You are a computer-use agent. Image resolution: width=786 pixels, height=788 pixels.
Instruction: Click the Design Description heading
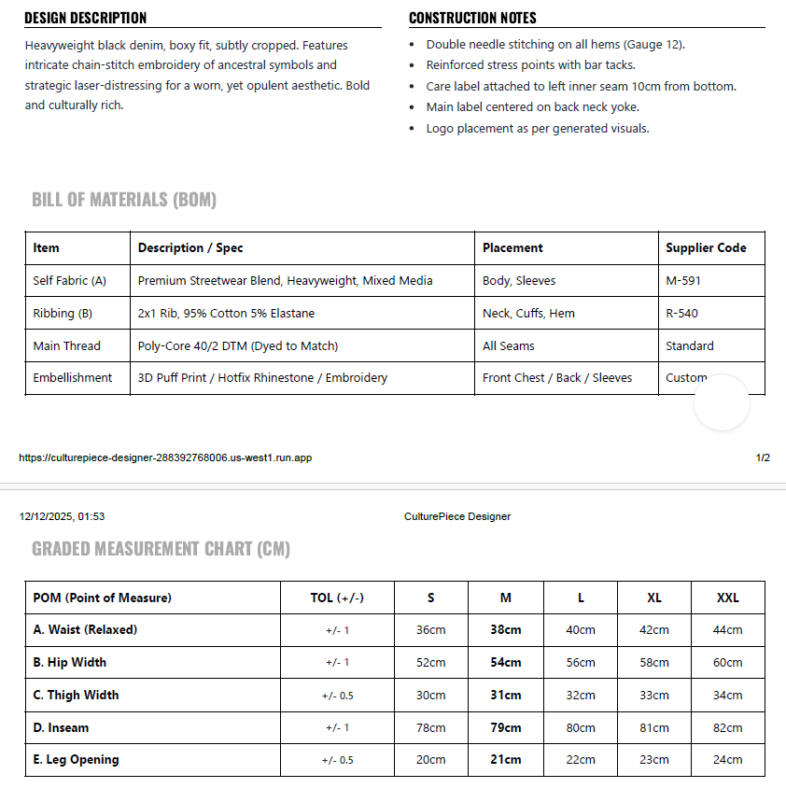[x=86, y=18]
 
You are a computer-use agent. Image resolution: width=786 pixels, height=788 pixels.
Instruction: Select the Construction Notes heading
[x=472, y=18]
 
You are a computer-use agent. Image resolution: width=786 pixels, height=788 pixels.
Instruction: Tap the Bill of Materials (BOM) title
[x=124, y=200]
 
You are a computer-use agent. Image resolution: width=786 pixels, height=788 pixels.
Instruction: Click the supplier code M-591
[x=683, y=280]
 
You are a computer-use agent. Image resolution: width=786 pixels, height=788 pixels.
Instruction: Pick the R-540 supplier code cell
[x=681, y=313]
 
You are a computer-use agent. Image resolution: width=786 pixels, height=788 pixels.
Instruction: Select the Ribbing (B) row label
[x=63, y=313]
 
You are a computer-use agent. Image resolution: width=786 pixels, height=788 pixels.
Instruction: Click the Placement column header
[x=512, y=247]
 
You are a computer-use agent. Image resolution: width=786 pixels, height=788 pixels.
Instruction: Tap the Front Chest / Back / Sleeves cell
[x=557, y=377]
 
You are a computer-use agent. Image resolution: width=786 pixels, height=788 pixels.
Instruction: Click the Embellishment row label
[x=72, y=377]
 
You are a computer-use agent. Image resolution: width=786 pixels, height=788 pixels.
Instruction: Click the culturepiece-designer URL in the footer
[x=165, y=458]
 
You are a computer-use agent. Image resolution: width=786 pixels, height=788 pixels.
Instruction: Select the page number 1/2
[x=763, y=458]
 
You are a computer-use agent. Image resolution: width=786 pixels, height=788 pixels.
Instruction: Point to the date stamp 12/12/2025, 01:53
[x=62, y=516]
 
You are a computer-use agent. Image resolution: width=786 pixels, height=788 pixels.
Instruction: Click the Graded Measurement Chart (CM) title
[x=161, y=549]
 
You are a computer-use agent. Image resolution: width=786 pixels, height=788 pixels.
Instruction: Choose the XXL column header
[x=727, y=598]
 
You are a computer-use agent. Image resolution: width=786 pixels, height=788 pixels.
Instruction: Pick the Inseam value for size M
[x=506, y=727]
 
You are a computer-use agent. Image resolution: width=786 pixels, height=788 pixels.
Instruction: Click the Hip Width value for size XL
[x=654, y=662]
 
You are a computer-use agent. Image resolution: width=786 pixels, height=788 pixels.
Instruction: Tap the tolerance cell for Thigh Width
[x=338, y=695]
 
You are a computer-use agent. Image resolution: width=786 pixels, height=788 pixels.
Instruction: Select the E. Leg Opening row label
[x=76, y=759]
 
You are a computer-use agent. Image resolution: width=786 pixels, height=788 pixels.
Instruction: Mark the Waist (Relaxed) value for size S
[x=430, y=629]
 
